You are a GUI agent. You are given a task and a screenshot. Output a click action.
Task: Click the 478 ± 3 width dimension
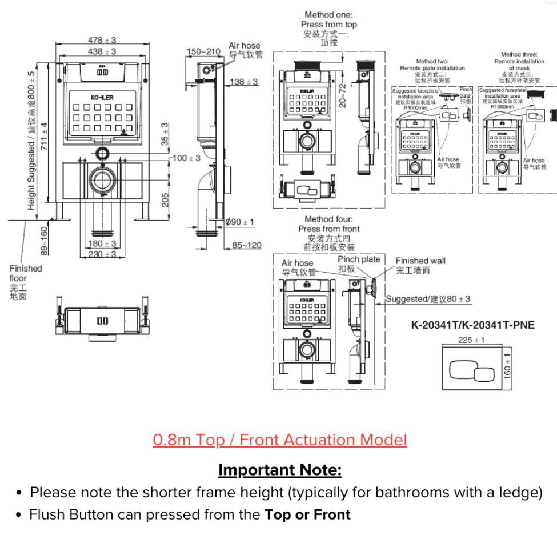102,40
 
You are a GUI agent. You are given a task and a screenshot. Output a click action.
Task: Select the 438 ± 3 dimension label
102,51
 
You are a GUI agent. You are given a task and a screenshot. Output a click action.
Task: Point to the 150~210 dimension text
203,52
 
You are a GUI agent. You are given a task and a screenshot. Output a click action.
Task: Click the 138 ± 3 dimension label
244,82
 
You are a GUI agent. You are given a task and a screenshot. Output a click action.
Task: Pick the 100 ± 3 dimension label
186,158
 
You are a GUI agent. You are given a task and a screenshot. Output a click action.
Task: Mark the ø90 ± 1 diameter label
240,222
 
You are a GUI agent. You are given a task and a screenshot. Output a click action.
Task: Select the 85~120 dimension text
247,246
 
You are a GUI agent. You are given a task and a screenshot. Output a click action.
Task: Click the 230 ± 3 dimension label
103,254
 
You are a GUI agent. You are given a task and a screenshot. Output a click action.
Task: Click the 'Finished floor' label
25,273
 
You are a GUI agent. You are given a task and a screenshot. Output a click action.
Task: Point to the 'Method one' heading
328,15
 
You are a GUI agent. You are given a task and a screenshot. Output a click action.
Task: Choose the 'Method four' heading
328,219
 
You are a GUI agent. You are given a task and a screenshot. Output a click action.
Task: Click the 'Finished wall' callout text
420,261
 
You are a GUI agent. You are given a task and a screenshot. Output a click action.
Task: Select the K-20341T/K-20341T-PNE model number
473,325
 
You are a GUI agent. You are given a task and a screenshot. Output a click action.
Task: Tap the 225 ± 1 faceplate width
472,340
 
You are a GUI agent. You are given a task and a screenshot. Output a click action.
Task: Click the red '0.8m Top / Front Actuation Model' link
280,440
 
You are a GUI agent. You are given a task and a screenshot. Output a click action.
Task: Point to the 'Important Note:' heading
280,470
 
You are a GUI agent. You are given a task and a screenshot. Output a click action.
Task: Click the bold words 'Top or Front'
307,514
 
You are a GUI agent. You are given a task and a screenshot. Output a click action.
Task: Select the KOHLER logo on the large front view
102,98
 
